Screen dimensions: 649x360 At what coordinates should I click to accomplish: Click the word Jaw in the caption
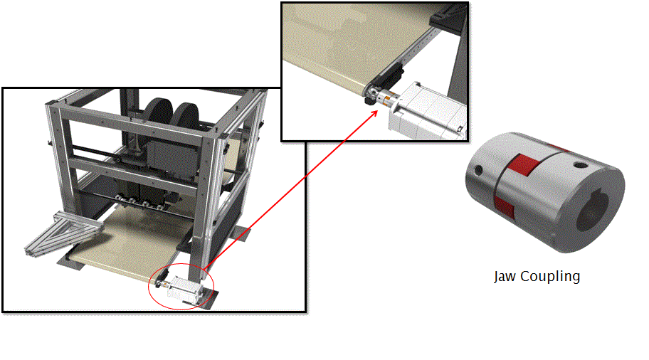coord(505,277)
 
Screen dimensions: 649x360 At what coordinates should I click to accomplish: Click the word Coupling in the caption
coord(550,277)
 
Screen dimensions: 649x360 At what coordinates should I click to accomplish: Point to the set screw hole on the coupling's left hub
coord(478,169)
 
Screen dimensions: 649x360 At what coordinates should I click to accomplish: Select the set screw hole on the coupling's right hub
coord(579,166)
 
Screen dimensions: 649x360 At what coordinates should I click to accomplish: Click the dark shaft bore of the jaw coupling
coord(592,211)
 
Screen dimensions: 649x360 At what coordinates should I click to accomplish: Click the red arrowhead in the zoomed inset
coord(374,114)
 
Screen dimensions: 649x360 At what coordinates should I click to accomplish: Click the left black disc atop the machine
coord(159,112)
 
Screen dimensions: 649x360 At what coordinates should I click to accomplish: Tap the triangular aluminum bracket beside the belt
coord(63,233)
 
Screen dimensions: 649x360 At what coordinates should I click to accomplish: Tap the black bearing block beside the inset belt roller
coord(389,75)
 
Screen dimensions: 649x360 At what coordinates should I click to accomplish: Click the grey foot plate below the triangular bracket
coord(70,262)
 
